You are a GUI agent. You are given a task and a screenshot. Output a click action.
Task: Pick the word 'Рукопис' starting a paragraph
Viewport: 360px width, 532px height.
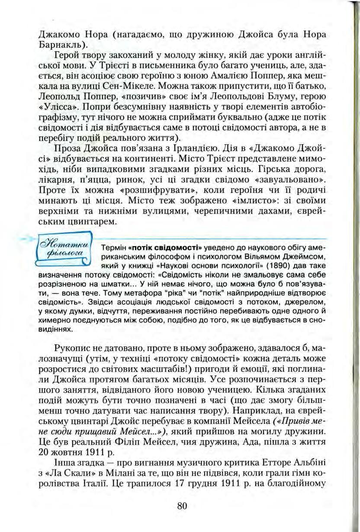pyautogui.click(x=72, y=348)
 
